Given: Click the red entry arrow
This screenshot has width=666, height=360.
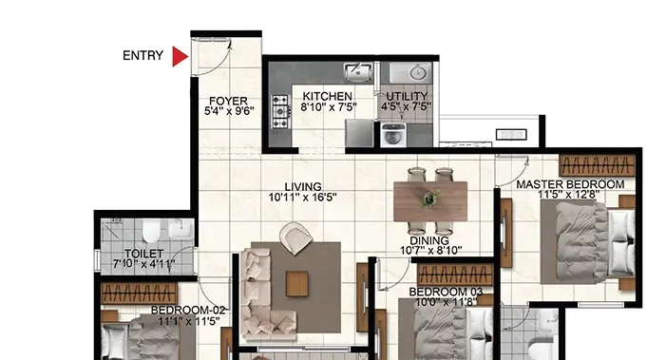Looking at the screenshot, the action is pos(180,56).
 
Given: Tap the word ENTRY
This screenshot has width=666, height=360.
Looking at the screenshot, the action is pos(143,56).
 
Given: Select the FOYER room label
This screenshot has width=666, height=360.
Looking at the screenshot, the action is pos(228,101).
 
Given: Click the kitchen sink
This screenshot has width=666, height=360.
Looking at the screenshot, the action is pos(358,72).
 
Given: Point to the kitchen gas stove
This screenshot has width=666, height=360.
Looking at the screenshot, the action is pos(280,112).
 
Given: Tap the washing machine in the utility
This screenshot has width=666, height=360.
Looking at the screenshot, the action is pos(392,135).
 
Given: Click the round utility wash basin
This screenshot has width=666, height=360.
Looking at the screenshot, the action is pos(419,72).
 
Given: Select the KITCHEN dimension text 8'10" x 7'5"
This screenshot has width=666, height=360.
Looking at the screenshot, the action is pos(329,107).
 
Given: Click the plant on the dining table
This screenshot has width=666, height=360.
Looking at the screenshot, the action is pos(430,199).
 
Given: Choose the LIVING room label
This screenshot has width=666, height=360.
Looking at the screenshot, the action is pos(303,186).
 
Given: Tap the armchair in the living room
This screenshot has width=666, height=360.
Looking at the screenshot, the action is pos(295,238).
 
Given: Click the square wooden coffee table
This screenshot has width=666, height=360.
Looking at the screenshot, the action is pos(296,284).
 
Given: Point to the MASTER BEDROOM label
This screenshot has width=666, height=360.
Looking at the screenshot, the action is pos(570,184).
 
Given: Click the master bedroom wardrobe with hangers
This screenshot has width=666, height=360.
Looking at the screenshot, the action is pos(597,164).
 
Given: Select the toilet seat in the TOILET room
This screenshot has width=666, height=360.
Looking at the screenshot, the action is pos(150,232).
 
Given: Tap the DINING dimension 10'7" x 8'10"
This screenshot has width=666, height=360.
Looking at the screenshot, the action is pos(430,251).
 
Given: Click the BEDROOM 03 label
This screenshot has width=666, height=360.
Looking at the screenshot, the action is pos(446,292).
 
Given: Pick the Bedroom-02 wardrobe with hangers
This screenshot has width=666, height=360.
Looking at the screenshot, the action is pos(139,294).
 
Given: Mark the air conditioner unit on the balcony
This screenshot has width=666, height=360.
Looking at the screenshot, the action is pos(511,135).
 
